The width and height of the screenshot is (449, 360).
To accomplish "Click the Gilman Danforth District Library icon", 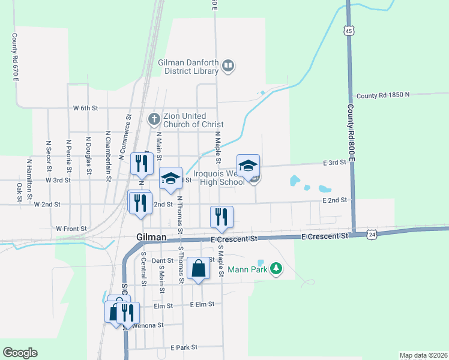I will coord(228,65).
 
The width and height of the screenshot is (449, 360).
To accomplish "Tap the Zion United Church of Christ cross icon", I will coord(154,119).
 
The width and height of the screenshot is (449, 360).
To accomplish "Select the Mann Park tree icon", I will coord(276,268).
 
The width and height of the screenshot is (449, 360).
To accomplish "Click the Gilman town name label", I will coord(151,238).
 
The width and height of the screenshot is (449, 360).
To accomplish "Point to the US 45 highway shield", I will coord(349,29).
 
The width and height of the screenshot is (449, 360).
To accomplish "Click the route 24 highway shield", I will coord(372,235).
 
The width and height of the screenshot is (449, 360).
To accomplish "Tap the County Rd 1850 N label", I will coord(382,95).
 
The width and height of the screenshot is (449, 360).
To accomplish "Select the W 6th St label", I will coord(85,108).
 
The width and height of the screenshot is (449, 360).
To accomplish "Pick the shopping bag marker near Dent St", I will coord(198,268).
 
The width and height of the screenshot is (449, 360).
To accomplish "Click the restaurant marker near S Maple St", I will coord(221,217).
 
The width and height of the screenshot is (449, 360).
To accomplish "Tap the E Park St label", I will coord(184,347).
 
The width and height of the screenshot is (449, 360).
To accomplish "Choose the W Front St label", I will coord(71,229).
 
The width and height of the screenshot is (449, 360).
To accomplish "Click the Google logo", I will coord(20,353).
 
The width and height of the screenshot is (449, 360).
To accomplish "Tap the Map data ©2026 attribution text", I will coord(423,355).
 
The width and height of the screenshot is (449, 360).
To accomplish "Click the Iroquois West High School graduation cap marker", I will coord(248,166).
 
